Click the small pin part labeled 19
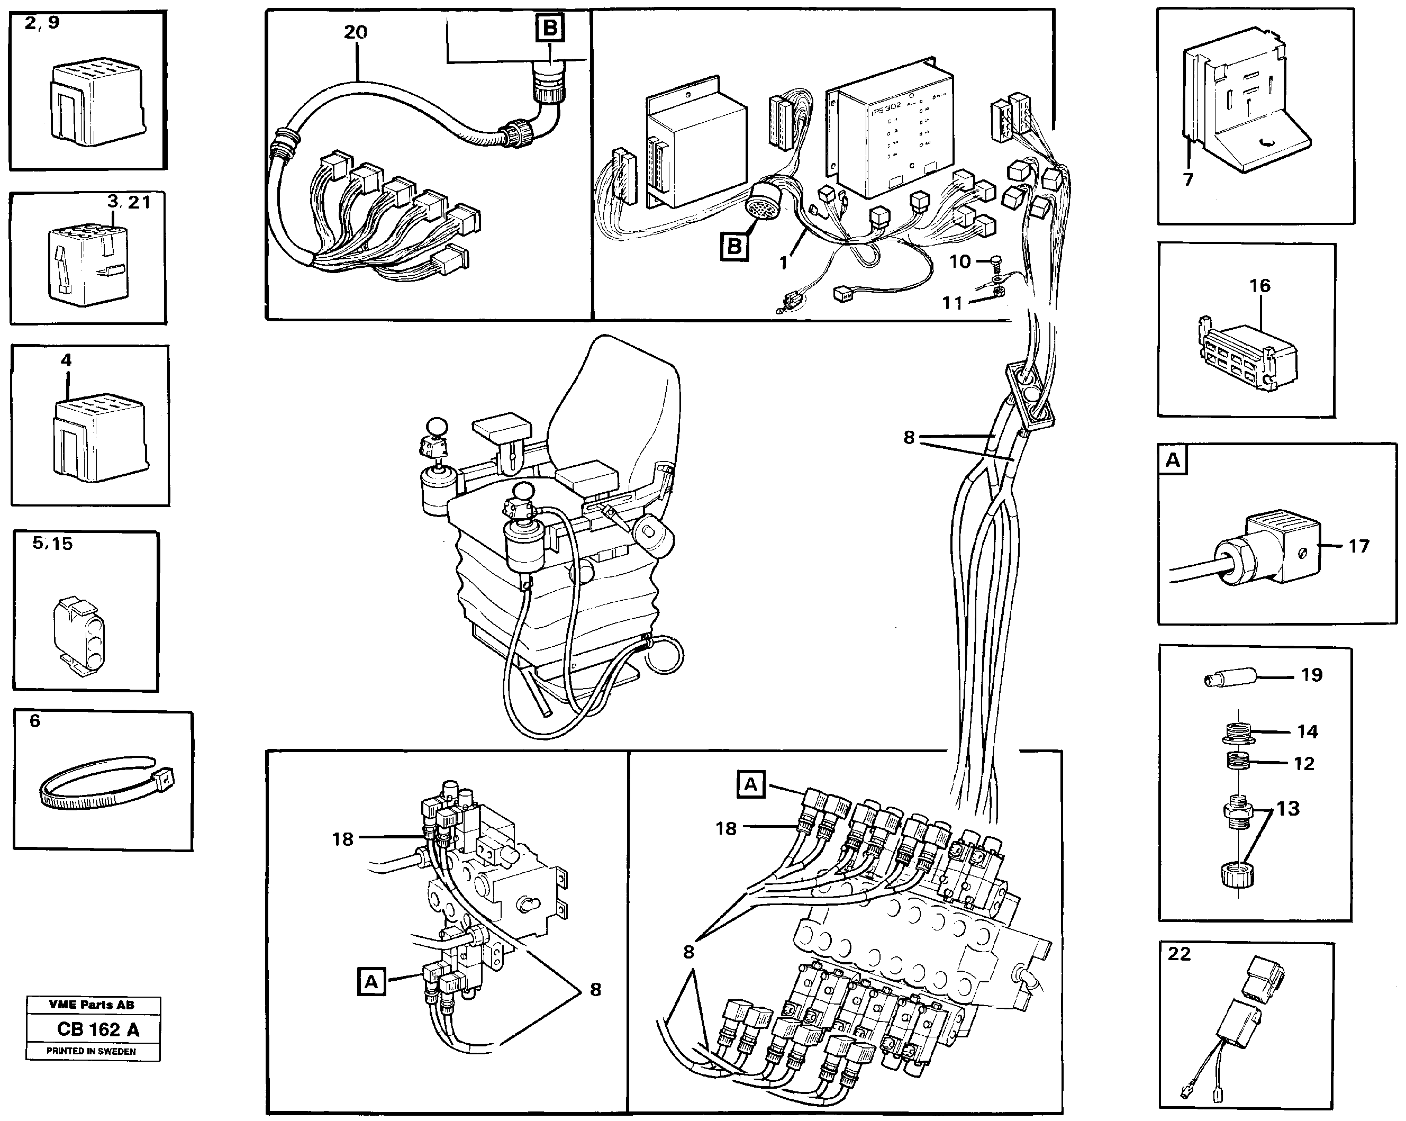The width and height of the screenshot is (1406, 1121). pyautogui.click(x=1229, y=679)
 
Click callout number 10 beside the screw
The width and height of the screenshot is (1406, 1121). pyautogui.click(x=959, y=262)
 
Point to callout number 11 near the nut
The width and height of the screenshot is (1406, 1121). pyautogui.click(x=952, y=303)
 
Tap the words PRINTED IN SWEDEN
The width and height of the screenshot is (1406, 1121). pyautogui.click(x=92, y=1051)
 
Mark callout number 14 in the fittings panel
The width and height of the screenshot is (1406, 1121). pyautogui.click(x=1307, y=731)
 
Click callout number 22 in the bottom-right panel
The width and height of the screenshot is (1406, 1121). pyautogui.click(x=1179, y=954)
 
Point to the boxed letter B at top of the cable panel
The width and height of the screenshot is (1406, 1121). pyautogui.click(x=550, y=29)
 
